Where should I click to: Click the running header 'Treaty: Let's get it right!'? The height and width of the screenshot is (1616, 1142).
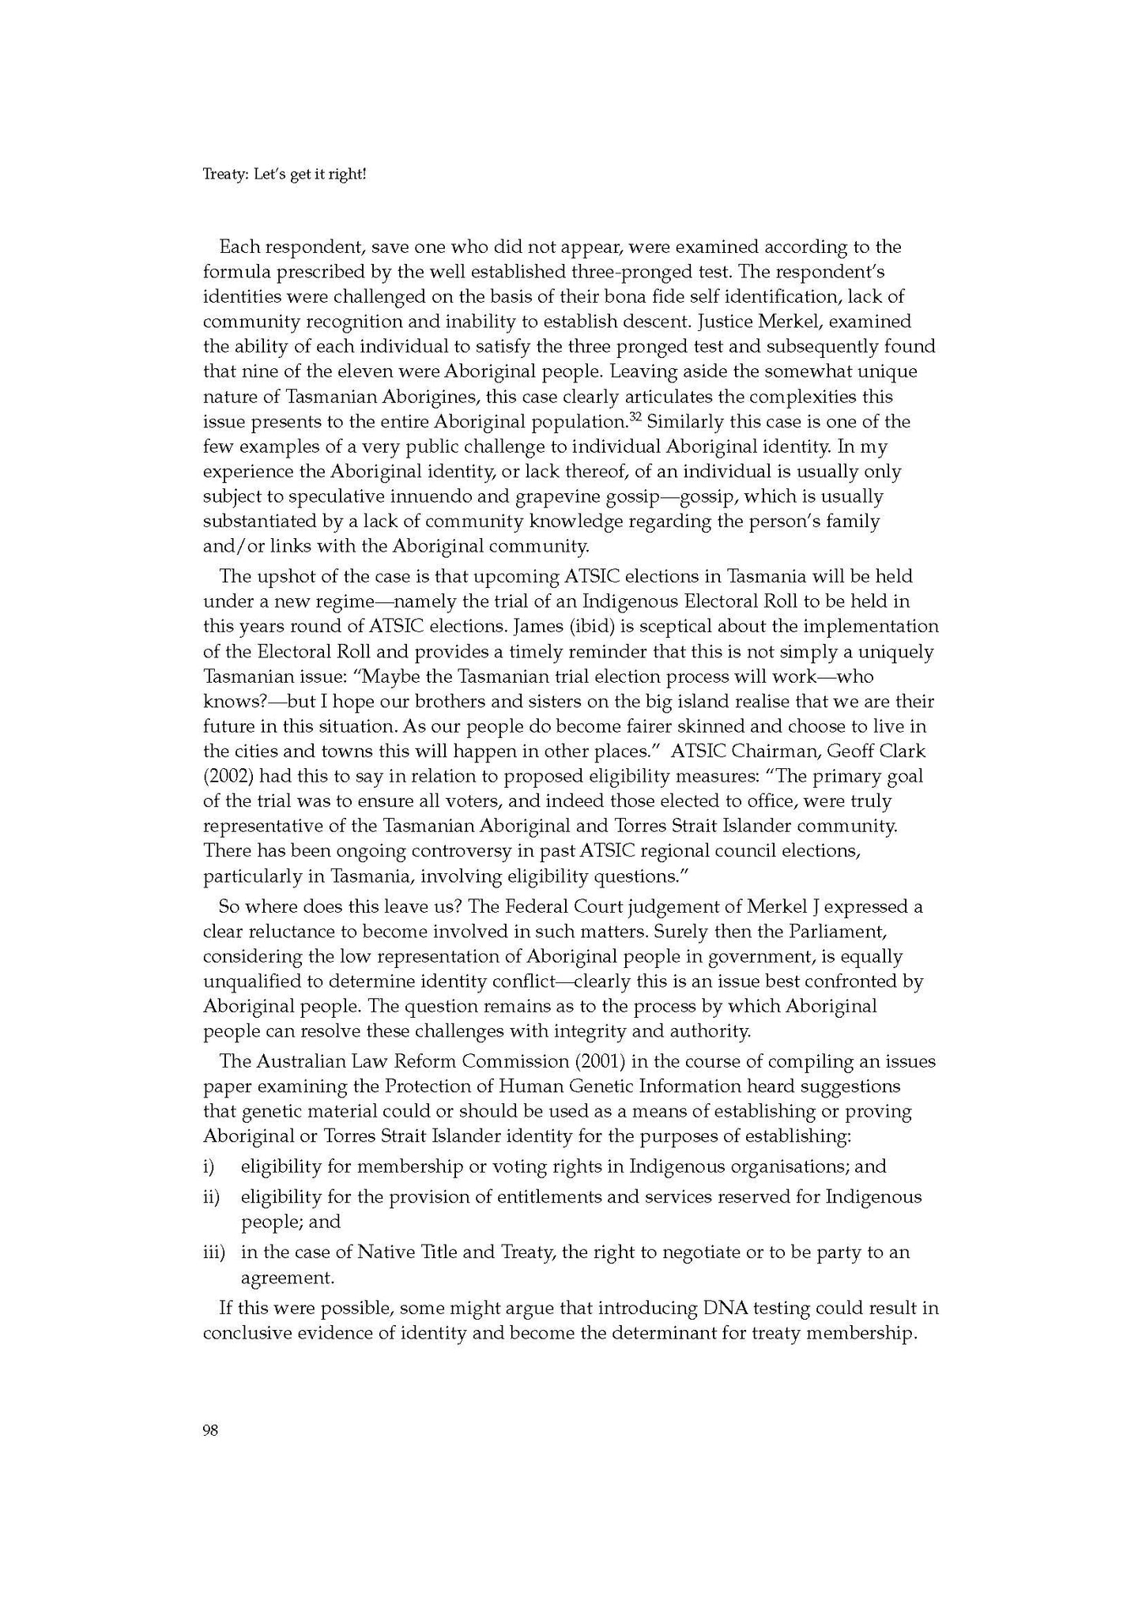[285, 173]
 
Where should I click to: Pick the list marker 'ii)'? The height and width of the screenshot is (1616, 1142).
[211, 1196]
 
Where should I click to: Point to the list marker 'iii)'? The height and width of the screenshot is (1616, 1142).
[214, 1252]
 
